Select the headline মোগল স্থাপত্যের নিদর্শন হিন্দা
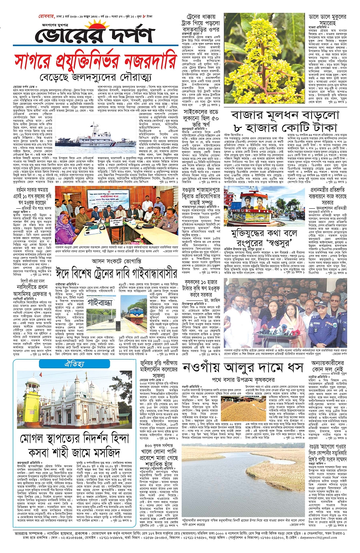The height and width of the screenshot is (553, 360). pyautogui.click(x=75, y=439)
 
